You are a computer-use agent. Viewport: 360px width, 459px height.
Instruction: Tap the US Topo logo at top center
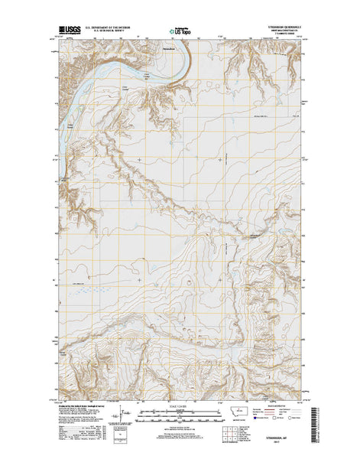170,28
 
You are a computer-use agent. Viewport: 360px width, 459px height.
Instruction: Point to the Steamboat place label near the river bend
164,50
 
